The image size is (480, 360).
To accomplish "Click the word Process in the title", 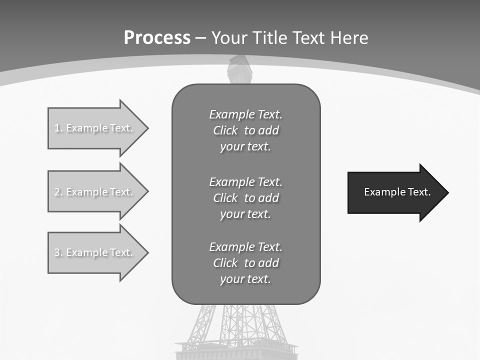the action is coord(157,38).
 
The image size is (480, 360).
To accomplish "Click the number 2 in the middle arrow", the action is coord(57,192).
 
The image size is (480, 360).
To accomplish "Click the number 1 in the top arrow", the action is coord(57,128).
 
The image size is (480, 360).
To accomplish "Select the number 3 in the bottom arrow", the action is coord(57,252).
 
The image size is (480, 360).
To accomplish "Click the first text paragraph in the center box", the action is coord(245,130).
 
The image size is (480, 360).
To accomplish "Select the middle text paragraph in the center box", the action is coord(245,198).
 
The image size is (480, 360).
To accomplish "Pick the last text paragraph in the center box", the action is coord(245,263).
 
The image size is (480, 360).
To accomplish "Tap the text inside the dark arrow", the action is coord(397,192).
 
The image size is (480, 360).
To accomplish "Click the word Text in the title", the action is coord(309,38).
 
